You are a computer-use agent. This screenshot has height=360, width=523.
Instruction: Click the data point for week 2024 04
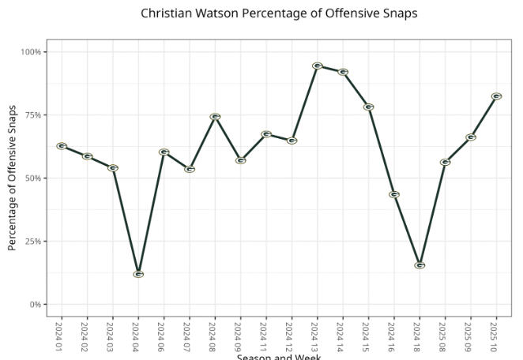138,275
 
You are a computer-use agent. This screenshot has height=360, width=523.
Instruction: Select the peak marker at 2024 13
318,66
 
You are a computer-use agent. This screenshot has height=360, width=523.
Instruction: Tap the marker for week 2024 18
420,265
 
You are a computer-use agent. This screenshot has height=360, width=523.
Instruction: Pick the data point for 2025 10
496,96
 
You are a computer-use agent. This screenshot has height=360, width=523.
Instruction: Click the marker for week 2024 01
62,146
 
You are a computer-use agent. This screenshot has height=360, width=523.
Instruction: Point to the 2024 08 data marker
215,117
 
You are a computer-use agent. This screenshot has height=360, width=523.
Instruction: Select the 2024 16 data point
394,194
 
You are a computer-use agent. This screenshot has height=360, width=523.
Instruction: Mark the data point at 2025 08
445,162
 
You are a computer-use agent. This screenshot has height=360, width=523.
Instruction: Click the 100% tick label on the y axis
31,52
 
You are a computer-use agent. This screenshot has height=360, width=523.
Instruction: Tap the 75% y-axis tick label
32,115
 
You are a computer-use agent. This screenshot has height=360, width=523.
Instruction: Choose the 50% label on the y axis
32,178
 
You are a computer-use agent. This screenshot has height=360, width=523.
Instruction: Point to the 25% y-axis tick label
32,242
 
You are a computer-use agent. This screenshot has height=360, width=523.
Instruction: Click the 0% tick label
35,305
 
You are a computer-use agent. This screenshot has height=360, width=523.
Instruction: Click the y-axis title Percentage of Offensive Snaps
13,178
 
